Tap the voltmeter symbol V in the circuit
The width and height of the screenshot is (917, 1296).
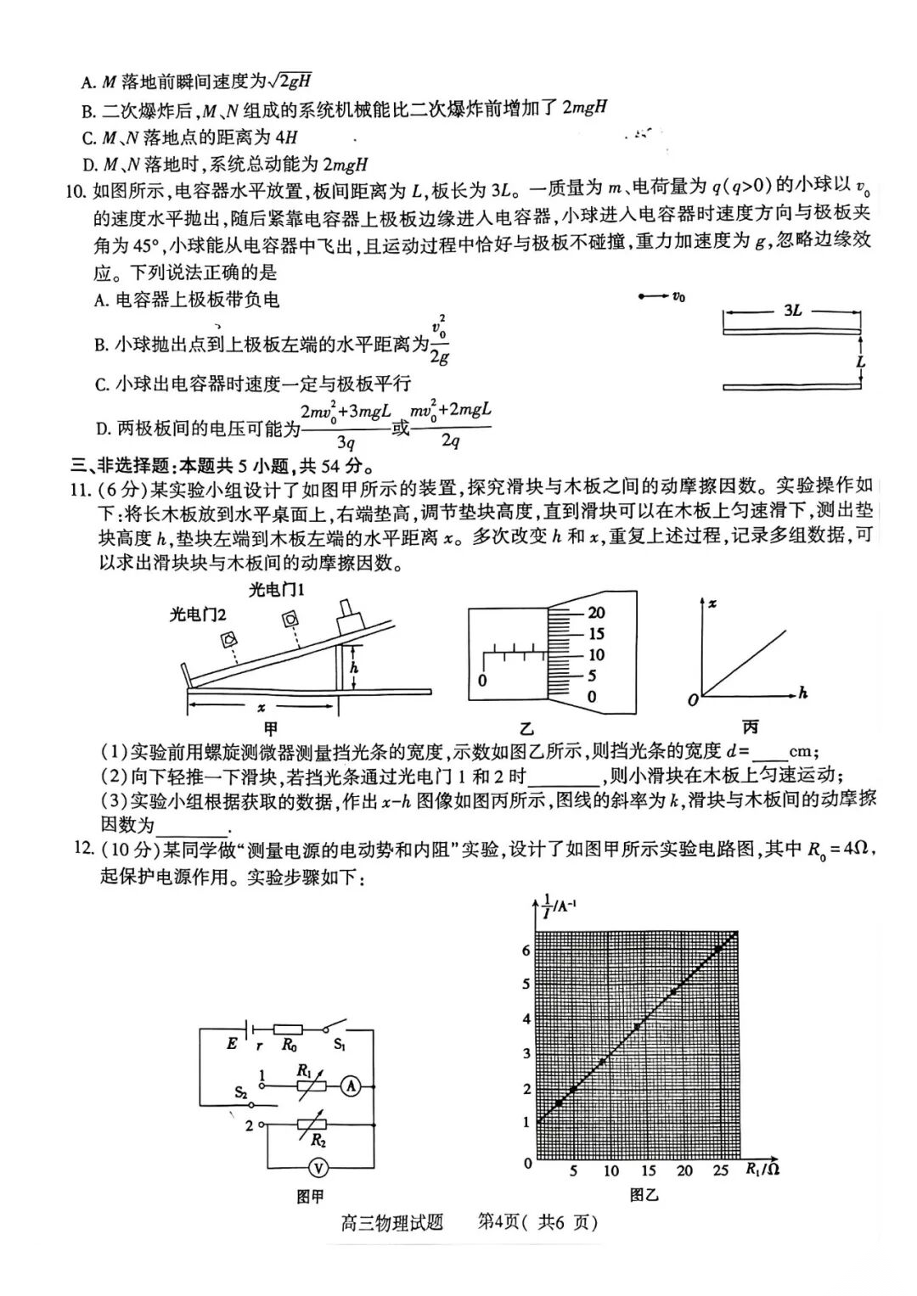318,1169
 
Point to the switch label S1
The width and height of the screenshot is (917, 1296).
340,1045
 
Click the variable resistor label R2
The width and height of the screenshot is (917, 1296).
318,1140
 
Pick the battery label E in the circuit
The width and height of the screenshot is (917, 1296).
232,1044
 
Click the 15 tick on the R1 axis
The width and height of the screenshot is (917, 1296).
648,1171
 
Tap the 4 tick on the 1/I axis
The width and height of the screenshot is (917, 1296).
526,1018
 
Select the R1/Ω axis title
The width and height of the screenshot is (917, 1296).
762,1170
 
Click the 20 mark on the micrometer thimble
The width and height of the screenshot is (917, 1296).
596,613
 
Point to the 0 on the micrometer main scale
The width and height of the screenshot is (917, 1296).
482,680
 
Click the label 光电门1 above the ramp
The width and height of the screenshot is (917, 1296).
276,589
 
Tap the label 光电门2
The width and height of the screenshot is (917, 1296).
197,614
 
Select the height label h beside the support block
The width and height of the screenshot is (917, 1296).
354,668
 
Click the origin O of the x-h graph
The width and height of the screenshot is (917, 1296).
693,699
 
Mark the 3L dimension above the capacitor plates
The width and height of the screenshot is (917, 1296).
791,311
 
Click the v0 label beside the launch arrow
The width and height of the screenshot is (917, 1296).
678,296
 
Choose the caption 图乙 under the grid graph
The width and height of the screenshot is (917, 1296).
644,1195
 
